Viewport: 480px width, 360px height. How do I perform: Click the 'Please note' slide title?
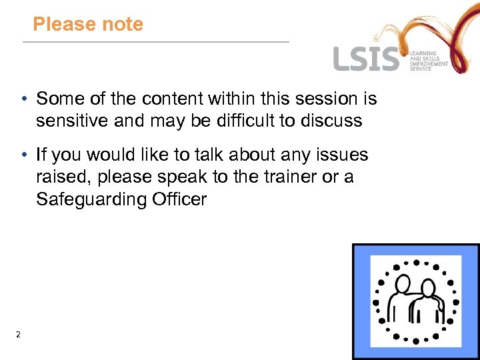(88, 25)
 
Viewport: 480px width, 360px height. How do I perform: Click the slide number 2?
(19, 334)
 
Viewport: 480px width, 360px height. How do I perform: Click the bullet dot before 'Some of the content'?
(23, 99)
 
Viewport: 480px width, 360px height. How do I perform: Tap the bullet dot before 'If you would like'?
(23, 155)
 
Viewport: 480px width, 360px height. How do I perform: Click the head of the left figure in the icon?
(402, 283)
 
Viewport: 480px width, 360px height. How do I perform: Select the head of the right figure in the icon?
(427, 289)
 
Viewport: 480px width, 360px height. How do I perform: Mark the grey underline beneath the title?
(156, 42)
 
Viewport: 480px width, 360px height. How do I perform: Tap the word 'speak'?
(167, 177)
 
